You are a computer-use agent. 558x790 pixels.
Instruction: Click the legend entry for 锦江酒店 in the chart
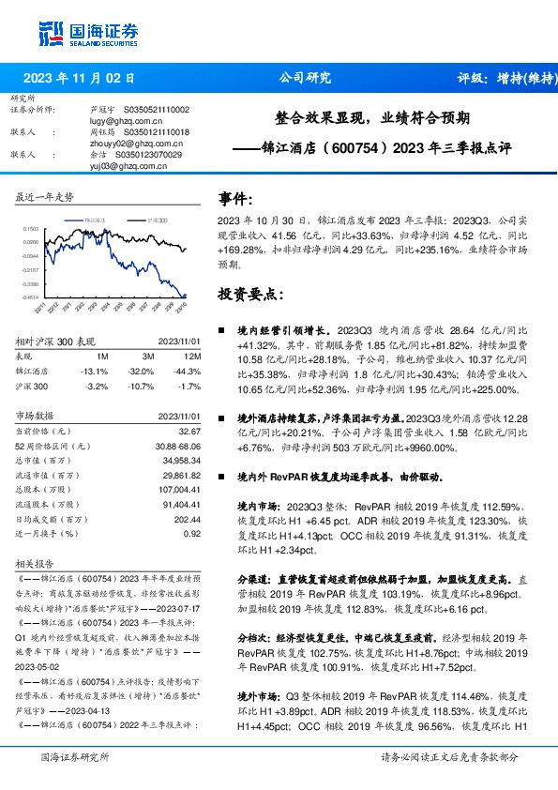coord(93,219)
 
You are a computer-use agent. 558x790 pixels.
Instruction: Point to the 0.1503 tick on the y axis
coord(31,228)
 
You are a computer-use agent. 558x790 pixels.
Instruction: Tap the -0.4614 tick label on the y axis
coord(30,297)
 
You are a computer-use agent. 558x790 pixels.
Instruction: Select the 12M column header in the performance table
coord(192,357)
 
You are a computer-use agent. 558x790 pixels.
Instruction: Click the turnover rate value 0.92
coord(192,533)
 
